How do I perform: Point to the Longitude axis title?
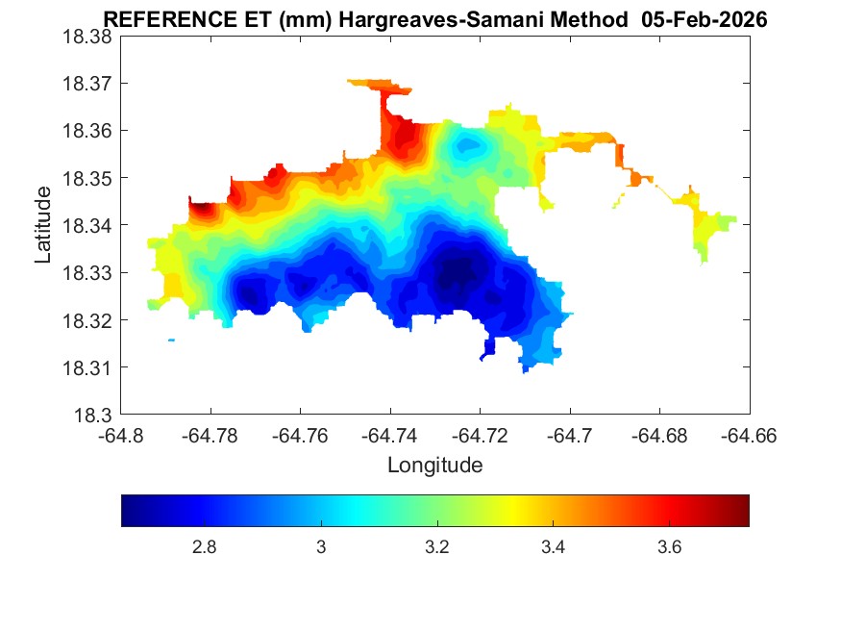(x=434, y=466)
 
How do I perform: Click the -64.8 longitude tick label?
(x=121, y=435)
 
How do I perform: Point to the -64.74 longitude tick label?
(x=390, y=435)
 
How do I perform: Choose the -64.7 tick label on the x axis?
(x=570, y=435)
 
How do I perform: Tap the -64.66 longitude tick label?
(x=750, y=435)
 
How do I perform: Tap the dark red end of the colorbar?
(x=742, y=511)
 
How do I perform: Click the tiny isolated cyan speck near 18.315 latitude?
(x=171, y=340)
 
